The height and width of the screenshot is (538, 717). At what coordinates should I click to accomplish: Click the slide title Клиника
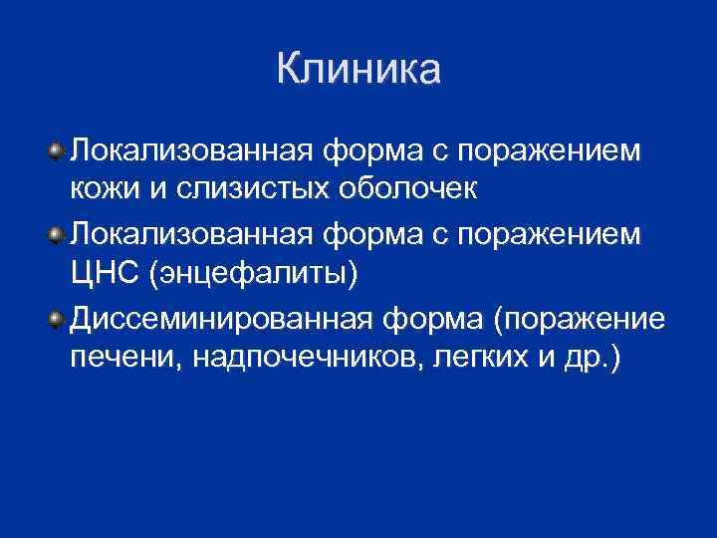point(358,71)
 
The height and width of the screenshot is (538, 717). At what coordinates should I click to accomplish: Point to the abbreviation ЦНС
point(104,273)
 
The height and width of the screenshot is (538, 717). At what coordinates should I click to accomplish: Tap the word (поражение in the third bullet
point(583,320)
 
